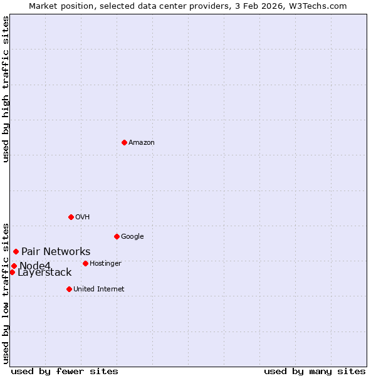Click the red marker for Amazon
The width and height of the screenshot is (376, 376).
pos(124,142)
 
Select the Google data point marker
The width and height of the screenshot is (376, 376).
pos(117,236)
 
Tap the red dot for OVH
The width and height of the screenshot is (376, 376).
pos(71,217)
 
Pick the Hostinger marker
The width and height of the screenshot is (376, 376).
pos(85,263)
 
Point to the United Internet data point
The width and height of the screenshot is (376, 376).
pos(69,289)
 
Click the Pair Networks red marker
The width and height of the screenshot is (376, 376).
pos(16,251)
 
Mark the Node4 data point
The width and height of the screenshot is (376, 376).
pos(14,266)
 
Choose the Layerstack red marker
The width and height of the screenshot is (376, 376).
pos(12,272)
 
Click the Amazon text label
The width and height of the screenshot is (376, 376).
pos(142,143)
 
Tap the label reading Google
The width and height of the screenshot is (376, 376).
pos(132,237)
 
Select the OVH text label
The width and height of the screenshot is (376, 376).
pos(83,217)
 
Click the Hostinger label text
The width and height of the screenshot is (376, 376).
pos(105,264)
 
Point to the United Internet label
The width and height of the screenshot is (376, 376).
pos(99,290)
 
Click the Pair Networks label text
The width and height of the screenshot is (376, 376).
pos(56,252)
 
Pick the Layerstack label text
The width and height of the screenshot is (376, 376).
pos(44,273)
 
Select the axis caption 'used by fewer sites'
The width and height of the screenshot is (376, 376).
pos(65,371)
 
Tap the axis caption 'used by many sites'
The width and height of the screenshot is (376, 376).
pos(315,371)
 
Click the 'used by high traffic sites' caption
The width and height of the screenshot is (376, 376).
pos(6,89)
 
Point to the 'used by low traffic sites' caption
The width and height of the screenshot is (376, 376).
pos(6,293)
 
